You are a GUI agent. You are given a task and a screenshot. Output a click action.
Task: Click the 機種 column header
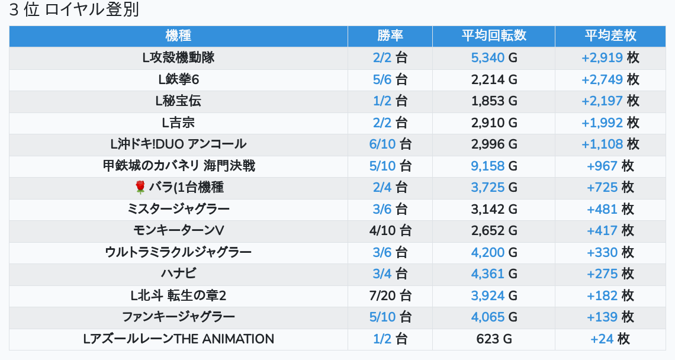point(178,36)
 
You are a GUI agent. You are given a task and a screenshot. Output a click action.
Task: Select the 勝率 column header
point(390,36)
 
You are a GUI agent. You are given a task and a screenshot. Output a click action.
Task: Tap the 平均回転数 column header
point(494,36)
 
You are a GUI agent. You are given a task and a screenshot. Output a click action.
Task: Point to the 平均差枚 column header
point(610,36)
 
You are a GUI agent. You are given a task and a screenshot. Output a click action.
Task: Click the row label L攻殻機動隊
point(178,58)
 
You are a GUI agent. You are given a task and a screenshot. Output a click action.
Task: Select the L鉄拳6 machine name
point(178,79)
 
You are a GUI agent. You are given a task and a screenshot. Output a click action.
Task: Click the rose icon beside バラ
point(140,188)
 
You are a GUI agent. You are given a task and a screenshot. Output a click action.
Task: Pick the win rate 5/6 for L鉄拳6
point(390,79)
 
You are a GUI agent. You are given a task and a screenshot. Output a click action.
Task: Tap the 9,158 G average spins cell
point(494,166)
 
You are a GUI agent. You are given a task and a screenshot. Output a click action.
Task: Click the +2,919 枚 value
point(610,58)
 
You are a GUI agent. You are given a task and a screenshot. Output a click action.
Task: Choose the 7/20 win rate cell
point(390,295)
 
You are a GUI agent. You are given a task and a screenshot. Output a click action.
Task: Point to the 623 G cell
point(494,339)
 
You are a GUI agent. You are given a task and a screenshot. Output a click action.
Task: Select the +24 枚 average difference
point(610,339)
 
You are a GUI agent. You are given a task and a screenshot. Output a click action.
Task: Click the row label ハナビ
point(178,274)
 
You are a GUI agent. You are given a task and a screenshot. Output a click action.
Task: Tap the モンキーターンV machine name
point(178,230)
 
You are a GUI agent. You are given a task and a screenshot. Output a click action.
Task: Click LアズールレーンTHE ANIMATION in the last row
point(178,339)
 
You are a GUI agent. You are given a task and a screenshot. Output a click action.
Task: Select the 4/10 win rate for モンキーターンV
point(390,230)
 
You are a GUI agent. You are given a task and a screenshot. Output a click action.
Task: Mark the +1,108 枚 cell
point(610,144)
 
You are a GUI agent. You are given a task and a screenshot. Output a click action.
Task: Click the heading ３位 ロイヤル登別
point(74,11)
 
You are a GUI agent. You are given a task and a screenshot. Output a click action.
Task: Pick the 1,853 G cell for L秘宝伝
point(494,101)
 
